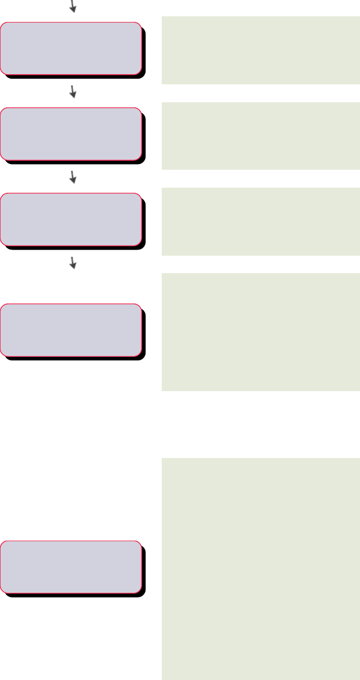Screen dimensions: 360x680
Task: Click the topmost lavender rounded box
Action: click(x=70, y=48)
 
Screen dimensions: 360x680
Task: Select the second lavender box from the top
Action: click(x=70, y=133)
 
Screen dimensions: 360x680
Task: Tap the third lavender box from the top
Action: click(x=70, y=219)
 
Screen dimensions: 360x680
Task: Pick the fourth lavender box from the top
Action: click(x=70, y=330)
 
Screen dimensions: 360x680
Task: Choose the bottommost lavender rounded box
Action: click(x=70, y=566)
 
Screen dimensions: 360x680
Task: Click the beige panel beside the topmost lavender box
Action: click(x=261, y=50)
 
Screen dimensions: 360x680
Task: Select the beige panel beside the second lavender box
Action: click(x=261, y=135)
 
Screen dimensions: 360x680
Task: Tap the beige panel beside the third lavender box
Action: click(x=261, y=221)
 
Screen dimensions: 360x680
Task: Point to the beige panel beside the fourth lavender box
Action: click(x=261, y=332)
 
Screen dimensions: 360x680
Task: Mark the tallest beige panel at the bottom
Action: click(x=261, y=569)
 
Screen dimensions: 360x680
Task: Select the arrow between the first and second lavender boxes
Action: click(x=72, y=92)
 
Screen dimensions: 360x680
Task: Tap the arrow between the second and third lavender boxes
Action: click(x=72, y=177)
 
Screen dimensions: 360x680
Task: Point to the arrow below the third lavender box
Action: click(x=72, y=262)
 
